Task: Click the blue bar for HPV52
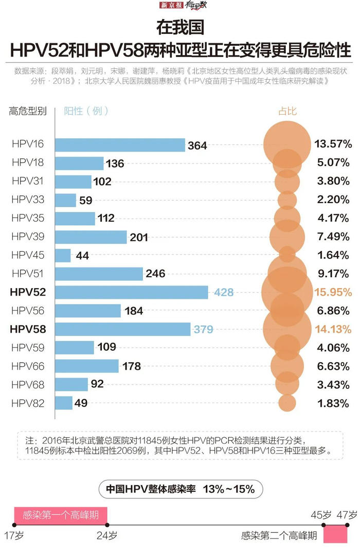(131, 292)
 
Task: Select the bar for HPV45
(63, 255)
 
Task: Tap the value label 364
(197, 146)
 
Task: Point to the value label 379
(203, 330)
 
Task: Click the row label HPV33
(28, 200)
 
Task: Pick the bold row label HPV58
(28, 329)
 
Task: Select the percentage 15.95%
(333, 292)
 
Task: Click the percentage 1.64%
(333, 255)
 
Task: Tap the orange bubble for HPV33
(287, 200)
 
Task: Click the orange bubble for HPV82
(287, 403)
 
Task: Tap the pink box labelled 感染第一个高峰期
(60, 515)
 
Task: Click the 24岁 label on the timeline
(107, 536)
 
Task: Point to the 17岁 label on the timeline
(14, 536)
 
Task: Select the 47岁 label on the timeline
(348, 514)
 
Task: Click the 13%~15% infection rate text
(229, 489)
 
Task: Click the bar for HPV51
(99, 274)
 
